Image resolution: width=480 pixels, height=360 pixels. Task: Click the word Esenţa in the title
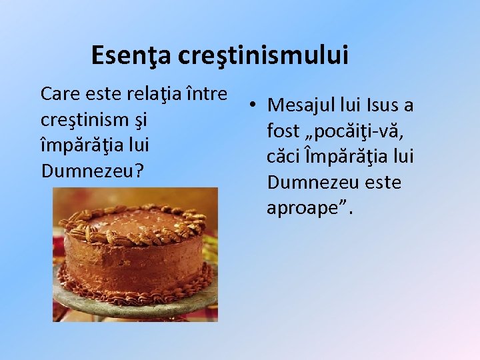[131, 55]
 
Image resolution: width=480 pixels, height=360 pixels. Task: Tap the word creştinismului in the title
[263, 55]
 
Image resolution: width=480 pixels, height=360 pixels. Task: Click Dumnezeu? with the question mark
[92, 171]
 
